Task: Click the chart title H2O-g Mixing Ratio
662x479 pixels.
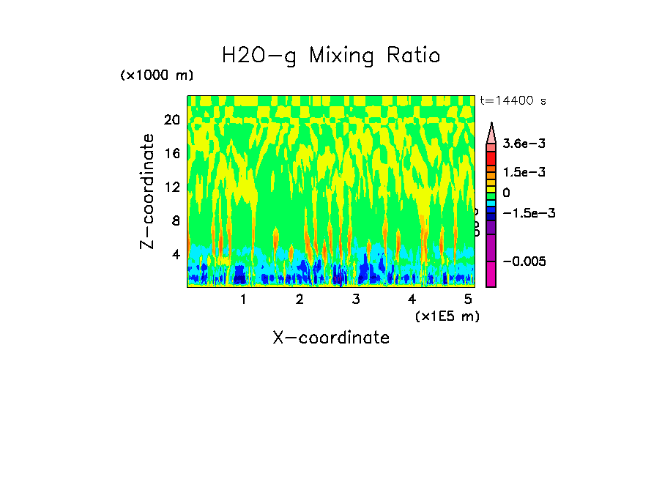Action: [331, 56]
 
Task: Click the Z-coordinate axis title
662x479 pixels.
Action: [148, 191]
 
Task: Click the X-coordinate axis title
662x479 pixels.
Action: [331, 338]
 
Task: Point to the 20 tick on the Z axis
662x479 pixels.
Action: [172, 120]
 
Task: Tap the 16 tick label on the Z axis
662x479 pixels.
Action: [172, 154]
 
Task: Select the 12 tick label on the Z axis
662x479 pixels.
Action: [172, 187]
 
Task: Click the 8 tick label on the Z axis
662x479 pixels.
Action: [176, 220]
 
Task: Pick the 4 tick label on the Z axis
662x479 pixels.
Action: [176, 254]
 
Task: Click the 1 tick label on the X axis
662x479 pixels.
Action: [243, 300]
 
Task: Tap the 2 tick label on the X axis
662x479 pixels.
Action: [300, 300]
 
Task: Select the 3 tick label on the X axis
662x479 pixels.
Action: [356, 300]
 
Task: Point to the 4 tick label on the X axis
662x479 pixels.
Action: [412, 300]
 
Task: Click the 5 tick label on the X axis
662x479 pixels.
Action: [469, 300]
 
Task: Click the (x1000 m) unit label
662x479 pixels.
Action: [157, 76]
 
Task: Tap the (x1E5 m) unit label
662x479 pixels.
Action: [447, 316]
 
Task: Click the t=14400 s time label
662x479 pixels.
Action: [513, 100]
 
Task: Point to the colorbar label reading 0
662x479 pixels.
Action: [506, 193]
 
